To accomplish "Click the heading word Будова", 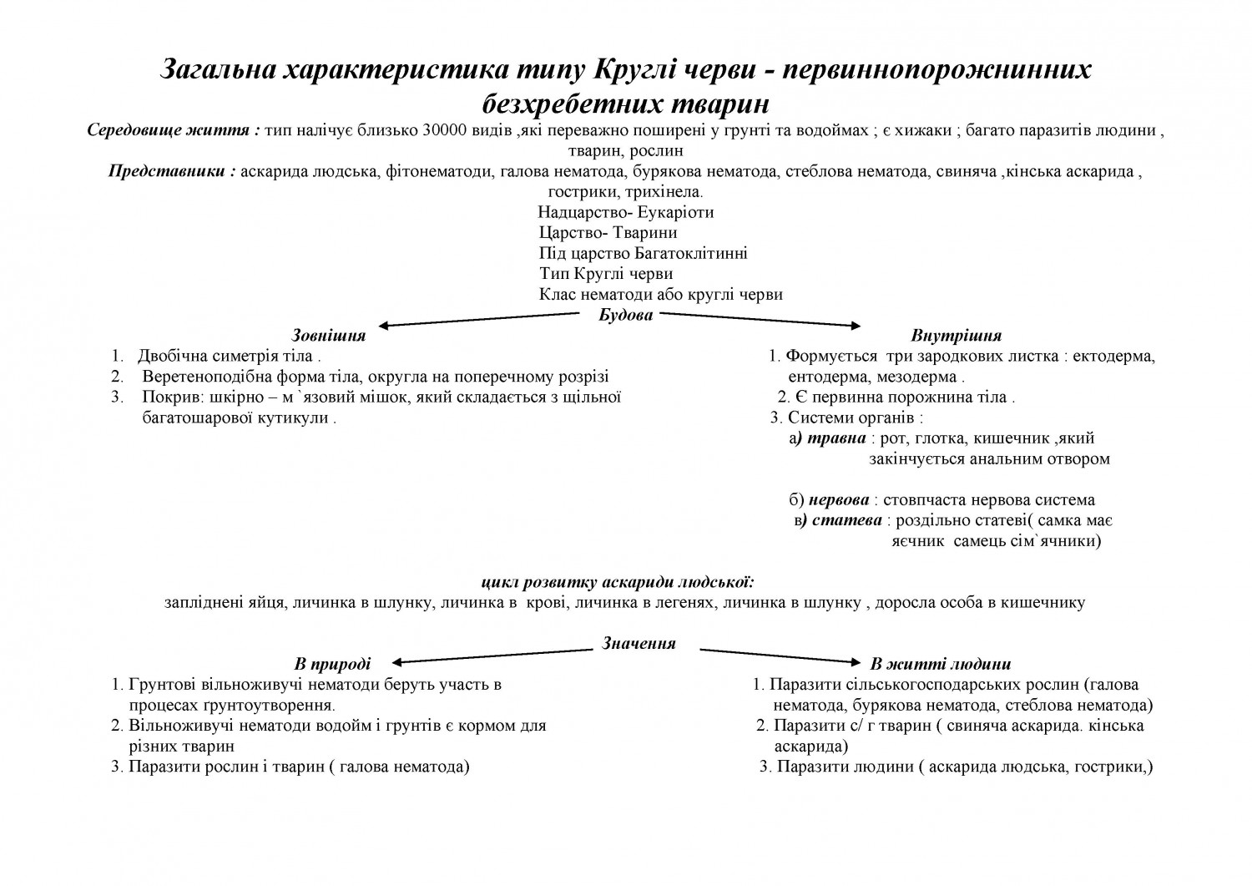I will point(625,315).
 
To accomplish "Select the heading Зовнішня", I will point(328,336).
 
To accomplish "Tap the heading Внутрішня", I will point(957,336).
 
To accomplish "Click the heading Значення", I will point(639,643).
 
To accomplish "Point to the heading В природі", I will point(332,664).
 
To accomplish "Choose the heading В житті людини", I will point(940,664).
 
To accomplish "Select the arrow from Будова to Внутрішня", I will point(760,320).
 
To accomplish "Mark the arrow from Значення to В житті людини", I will point(780,656).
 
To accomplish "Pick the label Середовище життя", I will point(174,131).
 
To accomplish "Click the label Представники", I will point(172,172).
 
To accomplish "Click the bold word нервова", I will point(838,500).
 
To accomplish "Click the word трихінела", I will point(669,192).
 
